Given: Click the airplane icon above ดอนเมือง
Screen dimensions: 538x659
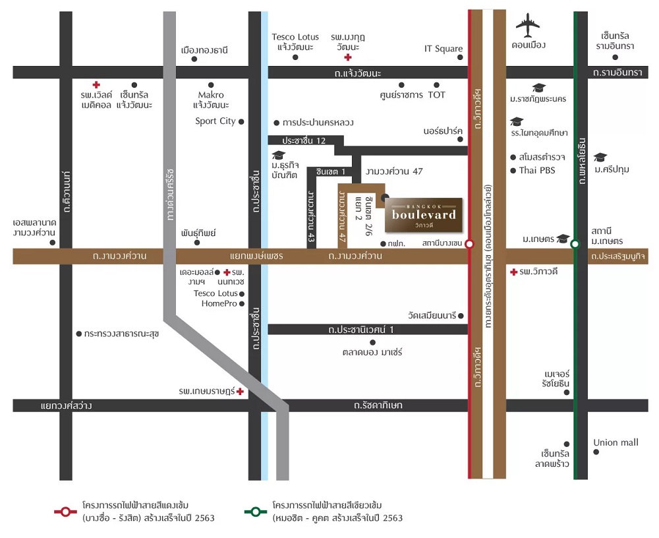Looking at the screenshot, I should (528, 26).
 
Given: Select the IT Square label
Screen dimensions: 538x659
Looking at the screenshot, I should (444, 48).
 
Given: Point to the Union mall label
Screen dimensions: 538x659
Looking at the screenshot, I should (616, 442).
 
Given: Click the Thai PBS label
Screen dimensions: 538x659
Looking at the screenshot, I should (537, 170).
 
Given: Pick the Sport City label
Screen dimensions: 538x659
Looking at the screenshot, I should (215, 121).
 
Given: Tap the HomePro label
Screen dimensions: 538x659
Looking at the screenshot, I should (219, 303).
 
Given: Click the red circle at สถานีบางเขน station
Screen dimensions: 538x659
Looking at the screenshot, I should (469, 243).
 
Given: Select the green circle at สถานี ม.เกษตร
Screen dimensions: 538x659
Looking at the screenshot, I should (575, 244).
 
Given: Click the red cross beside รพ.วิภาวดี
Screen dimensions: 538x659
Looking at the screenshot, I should (513, 272).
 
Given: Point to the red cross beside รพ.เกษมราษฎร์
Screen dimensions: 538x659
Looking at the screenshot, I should (240, 391).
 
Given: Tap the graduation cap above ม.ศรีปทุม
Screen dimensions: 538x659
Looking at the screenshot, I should (600, 158).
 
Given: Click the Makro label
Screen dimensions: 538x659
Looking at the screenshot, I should (211, 95).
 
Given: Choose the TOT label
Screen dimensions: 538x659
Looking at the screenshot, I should (436, 95).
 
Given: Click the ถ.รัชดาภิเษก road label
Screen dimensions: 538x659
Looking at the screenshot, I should (378, 405).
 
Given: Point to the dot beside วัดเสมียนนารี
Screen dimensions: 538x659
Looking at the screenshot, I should (461, 316).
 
